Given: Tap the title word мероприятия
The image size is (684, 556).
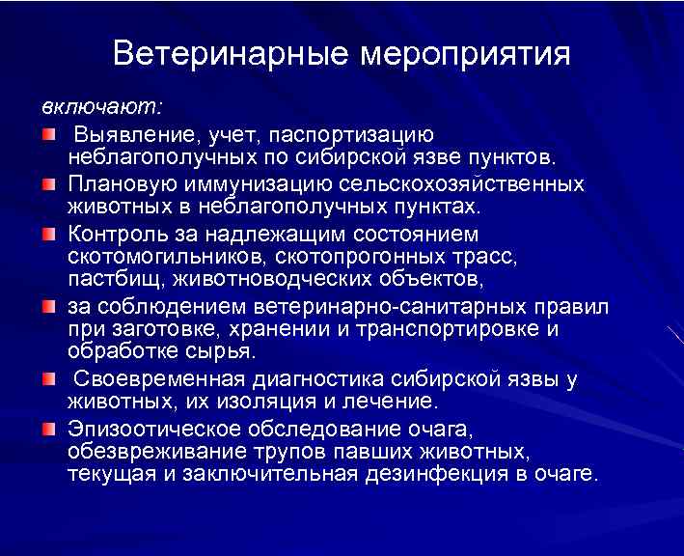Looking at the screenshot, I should coord(465,53).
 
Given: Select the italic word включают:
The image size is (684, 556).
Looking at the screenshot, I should coord(101,104).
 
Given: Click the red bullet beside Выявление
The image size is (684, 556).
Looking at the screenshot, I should coord(49,131).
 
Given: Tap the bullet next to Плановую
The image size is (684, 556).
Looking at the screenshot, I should coord(49,182).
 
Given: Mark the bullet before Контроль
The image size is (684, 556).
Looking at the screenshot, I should coord(49,234).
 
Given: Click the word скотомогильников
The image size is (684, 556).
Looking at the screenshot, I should coord(167,257).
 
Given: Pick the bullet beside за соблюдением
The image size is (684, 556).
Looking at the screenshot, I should coord(49,307).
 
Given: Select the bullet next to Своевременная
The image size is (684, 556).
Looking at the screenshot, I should coord(49,378).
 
